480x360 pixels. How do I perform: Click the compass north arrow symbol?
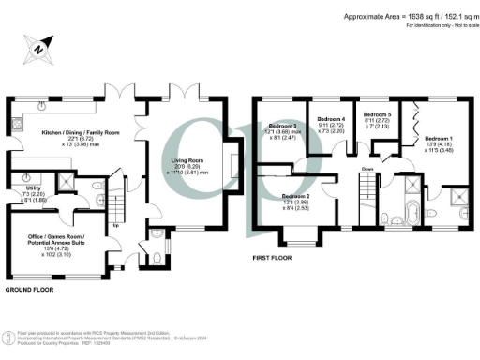[37, 48]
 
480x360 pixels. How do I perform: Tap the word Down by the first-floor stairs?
[367, 170]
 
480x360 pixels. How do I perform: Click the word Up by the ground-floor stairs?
[114, 226]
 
